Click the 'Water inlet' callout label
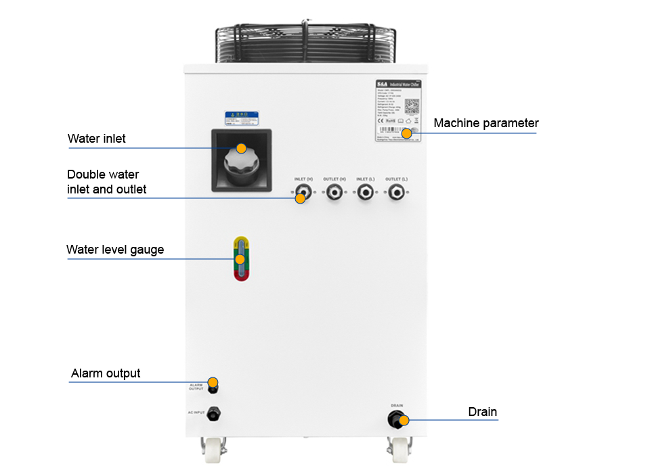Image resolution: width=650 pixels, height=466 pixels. (x=96, y=139)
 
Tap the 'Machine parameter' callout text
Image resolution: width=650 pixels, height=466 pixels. (x=485, y=123)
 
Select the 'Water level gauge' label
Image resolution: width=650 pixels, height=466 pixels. (x=115, y=250)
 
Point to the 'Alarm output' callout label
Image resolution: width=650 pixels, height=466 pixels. (x=106, y=373)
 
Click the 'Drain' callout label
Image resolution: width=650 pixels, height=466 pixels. (x=482, y=412)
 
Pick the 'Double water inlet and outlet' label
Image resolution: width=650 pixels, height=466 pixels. (x=106, y=182)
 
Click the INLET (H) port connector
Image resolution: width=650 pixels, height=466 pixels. (x=303, y=193)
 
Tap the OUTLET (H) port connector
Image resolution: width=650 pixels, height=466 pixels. (x=334, y=193)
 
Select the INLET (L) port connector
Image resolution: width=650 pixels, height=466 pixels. (x=365, y=193)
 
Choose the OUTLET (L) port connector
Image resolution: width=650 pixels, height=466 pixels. (x=396, y=193)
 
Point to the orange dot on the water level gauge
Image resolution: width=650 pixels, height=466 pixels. (x=240, y=259)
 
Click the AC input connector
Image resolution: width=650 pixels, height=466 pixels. (x=214, y=413)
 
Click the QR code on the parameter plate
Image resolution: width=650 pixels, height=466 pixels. (x=412, y=106)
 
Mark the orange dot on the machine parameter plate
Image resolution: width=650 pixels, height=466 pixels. (x=406, y=133)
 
